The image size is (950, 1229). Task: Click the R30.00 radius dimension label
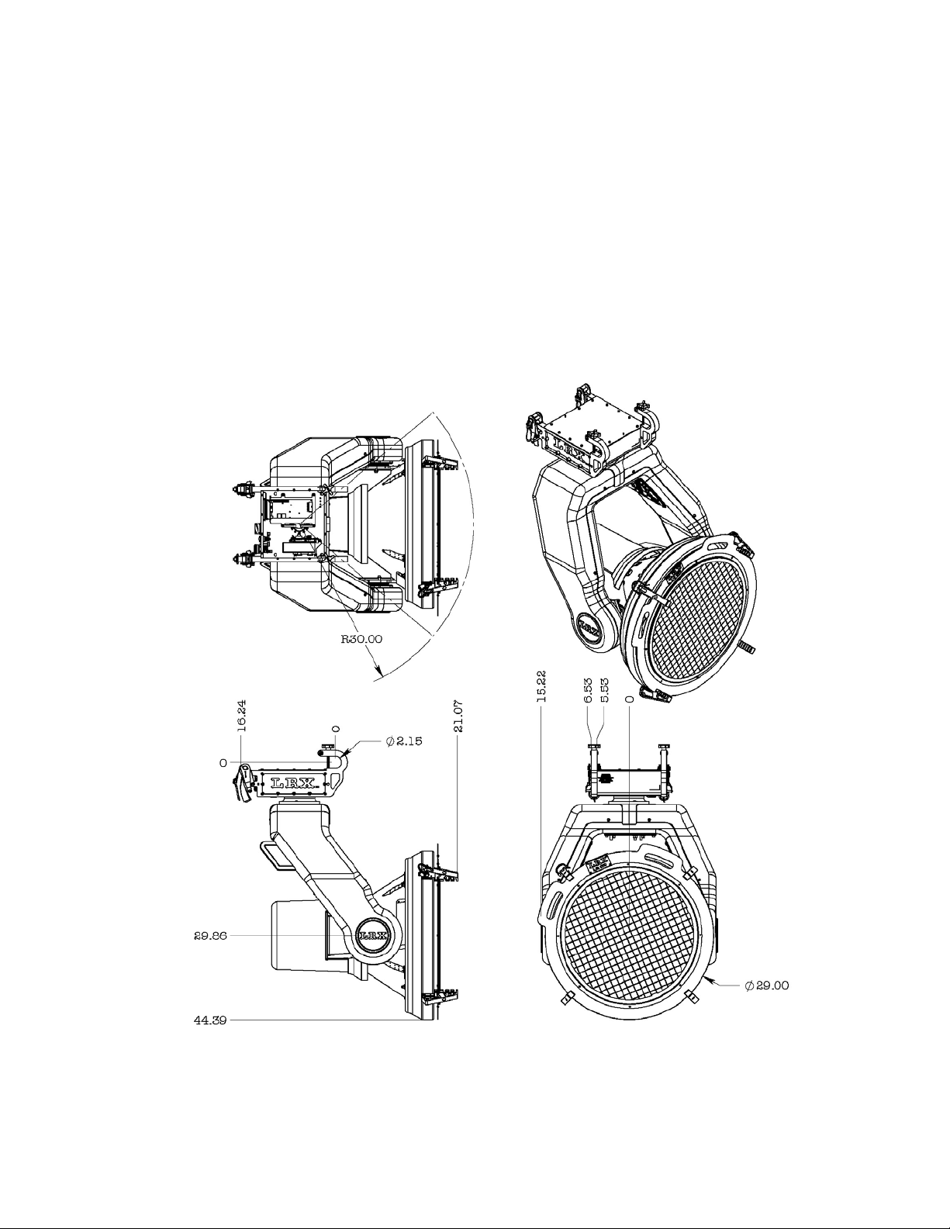361,639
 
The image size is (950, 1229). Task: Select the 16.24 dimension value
241,716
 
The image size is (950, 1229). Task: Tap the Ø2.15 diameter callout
404,741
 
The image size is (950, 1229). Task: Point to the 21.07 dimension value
458,716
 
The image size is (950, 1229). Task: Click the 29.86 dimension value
210,936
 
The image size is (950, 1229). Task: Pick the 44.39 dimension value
210,1021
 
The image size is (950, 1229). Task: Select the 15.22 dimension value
541,686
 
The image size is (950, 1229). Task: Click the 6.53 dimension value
589,691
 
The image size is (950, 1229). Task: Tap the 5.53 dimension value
604,691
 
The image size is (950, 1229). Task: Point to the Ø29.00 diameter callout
767,986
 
